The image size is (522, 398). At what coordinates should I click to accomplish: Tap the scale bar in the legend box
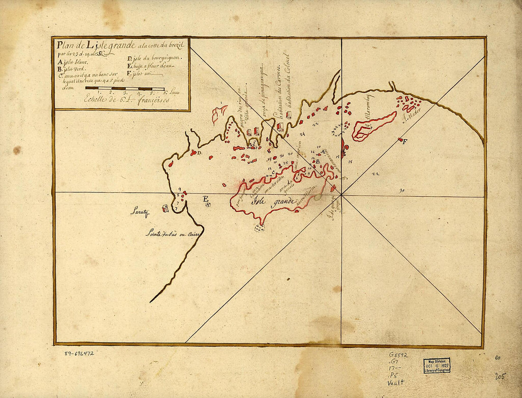point(125,88)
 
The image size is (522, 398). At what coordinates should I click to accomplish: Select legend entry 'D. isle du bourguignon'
point(150,59)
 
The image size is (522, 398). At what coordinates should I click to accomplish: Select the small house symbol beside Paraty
point(165,208)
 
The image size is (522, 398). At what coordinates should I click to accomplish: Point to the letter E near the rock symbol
point(205,199)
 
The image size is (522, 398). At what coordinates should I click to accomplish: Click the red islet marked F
point(401,140)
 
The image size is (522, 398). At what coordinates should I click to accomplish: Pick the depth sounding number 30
point(401,191)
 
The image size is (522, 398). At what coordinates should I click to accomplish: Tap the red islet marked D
point(194,153)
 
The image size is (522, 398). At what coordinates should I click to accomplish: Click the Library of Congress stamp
point(437,365)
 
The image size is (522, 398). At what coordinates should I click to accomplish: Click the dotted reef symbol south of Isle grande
point(260,228)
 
